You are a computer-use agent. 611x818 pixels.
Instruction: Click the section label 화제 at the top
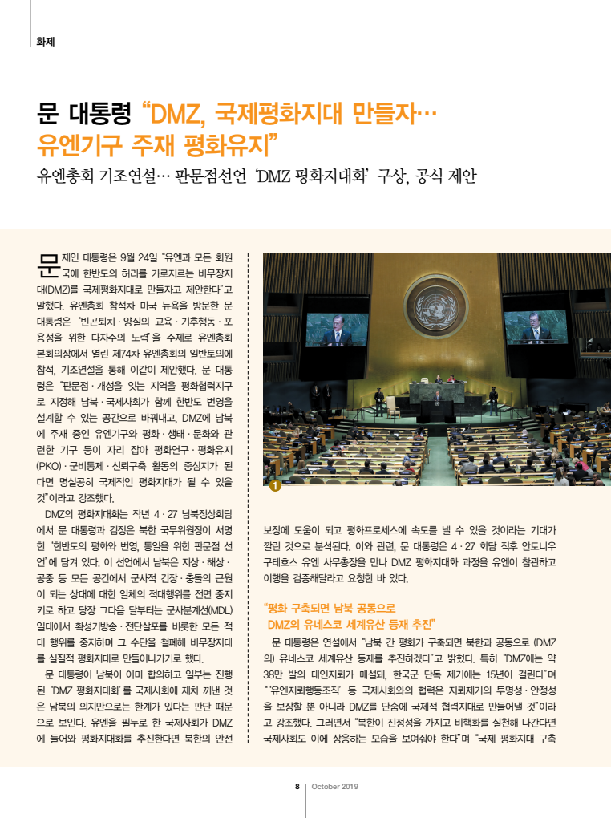(45, 41)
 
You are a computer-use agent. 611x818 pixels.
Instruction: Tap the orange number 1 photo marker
(274, 485)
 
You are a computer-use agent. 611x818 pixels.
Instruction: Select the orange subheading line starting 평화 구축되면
(330, 608)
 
